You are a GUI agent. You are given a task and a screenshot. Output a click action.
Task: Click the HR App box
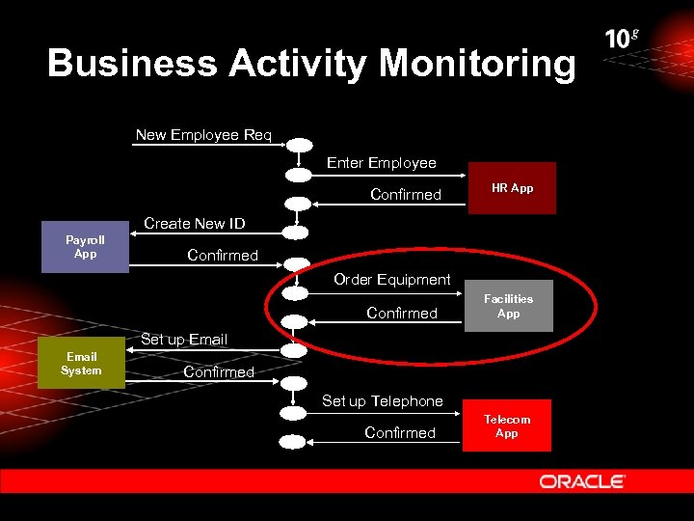513,188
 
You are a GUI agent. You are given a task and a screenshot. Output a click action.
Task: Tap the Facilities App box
508,306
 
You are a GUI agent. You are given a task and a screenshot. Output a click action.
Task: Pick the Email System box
81,364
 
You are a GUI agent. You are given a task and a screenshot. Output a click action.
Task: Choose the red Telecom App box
507,426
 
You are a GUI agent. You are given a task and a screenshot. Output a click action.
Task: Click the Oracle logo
582,481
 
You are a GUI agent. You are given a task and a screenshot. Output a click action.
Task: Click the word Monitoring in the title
477,64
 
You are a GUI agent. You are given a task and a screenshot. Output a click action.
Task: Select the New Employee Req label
203,135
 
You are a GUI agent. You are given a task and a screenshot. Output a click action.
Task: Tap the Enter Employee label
381,163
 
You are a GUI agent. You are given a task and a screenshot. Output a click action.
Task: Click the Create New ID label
194,224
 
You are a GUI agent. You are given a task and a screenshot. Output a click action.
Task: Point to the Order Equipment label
391,280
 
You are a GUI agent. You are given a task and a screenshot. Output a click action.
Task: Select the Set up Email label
184,340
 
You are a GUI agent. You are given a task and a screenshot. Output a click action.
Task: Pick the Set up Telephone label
382,401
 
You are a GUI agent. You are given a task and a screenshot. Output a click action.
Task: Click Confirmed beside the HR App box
406,195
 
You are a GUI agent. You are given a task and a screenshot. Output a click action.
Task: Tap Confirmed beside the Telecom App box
400,433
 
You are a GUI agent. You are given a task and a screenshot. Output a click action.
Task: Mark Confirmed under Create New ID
223,256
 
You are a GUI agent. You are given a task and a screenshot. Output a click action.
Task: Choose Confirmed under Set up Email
219,372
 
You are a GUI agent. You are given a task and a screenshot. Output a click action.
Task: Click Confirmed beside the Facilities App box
402,313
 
